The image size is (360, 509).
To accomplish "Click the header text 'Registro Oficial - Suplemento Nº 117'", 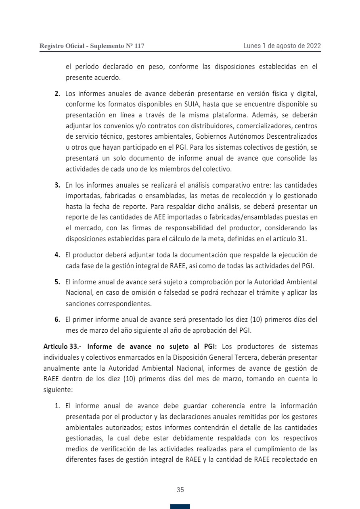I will pos(92,46).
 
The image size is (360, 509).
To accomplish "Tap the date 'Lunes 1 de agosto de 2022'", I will pos(282,46).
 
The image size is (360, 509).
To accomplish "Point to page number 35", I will pos(180,490).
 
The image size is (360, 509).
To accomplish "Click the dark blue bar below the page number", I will pos(180,507).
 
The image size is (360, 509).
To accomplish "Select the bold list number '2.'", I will pos(58,94).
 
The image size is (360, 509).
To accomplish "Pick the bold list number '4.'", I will pos(58,255).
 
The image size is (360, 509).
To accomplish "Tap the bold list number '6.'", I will pos(58,320).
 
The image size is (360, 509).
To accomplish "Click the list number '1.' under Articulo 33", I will pos(58,405).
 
